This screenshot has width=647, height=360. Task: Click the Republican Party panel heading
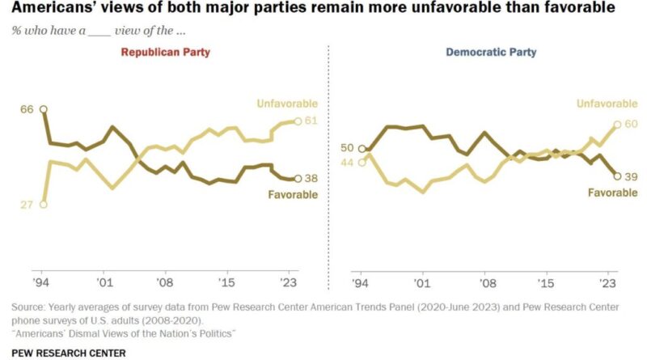click(x=167, y=53)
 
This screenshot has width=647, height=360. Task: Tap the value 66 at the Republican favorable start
click(x=28, y=109)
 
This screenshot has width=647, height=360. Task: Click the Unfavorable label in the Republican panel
click(x=287, y=104)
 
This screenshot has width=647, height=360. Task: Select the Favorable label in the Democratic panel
click(x=611, y=193)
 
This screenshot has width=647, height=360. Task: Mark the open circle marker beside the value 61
click(x=298, y=121)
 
